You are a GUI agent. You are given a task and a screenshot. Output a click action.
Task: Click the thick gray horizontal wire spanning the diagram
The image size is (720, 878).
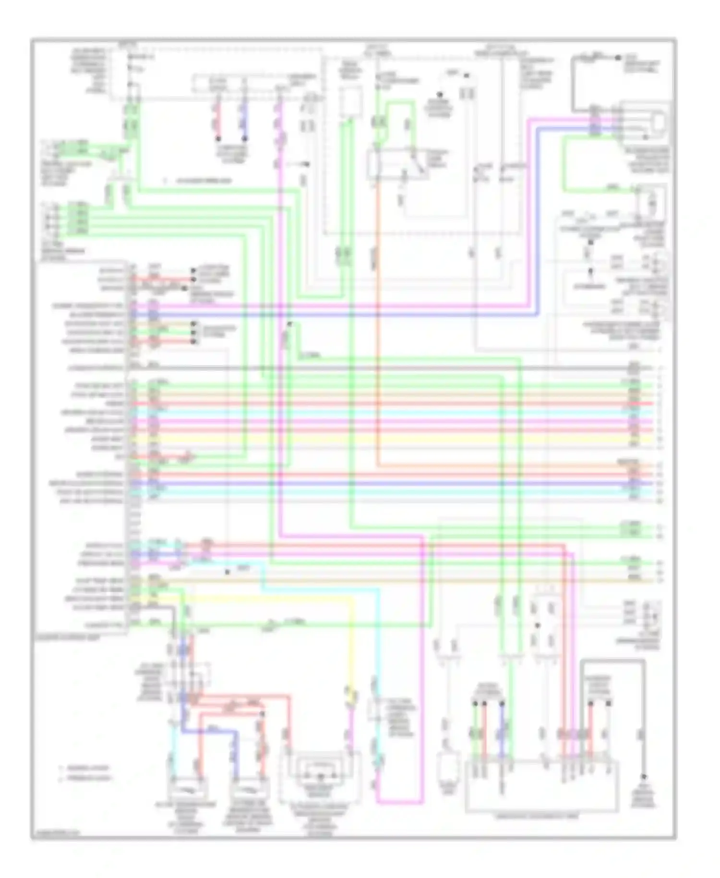[384, 368]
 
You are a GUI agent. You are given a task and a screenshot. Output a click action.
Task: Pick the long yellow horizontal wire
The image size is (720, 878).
[384, 439]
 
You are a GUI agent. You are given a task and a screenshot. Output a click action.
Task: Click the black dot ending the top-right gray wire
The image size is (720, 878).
[618, 58]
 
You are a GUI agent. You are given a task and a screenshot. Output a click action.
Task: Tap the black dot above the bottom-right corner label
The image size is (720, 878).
[644, 777]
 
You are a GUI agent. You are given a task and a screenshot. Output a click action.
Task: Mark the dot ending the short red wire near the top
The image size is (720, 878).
[218, 139]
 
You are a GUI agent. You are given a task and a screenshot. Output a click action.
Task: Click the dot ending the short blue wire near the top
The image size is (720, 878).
[244, 139]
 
